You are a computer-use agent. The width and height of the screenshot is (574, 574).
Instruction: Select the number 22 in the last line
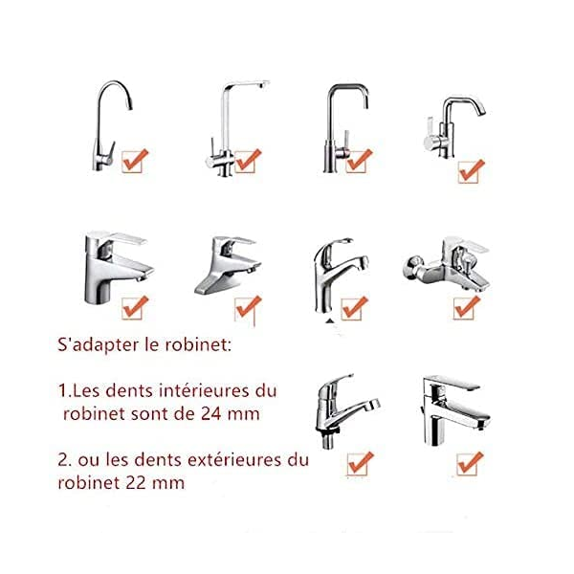pos(137,482)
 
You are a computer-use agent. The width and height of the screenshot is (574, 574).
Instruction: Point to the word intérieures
pos(204,391)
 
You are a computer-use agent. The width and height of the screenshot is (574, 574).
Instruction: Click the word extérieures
pos(234,460)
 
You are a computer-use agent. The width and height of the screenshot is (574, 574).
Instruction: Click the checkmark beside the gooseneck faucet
pos(135,161)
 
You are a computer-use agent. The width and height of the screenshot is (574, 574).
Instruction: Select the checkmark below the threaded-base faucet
pos(360,463)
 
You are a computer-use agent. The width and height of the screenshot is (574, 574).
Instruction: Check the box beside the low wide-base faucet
pos(248,308)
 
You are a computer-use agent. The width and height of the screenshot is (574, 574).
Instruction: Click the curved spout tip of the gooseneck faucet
pos(129,105)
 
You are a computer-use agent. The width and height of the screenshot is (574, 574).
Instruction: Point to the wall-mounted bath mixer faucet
pos(447,264)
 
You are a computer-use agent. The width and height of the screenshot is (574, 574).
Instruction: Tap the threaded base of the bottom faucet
pos(327,439)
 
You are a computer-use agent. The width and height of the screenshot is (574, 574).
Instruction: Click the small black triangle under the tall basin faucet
pos(330,321)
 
